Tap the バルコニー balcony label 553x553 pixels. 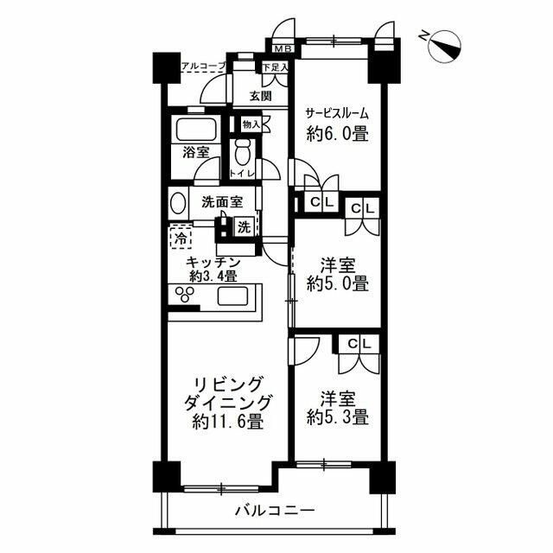tap(275, 511)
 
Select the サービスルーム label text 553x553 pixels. tap(338, 111)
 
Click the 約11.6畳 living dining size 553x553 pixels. tap(227, 423)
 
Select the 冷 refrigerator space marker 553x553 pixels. tap(181, 235)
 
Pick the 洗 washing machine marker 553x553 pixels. tap(244, 229)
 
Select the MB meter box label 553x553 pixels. tap(283, 49)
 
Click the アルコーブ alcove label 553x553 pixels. tap(202, 66)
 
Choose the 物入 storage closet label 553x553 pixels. tap(251, 125)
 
